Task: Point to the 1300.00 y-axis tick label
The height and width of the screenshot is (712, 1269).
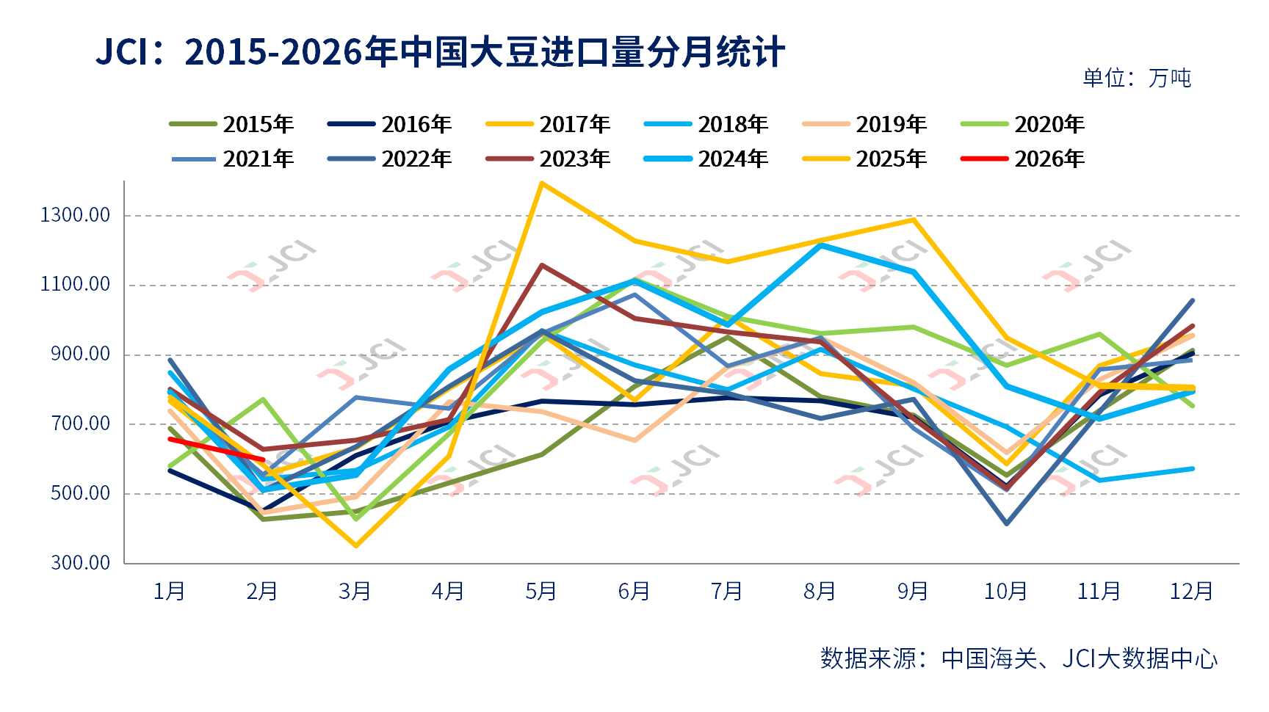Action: click(76, 215)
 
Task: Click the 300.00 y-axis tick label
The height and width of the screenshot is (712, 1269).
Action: click(81, 562)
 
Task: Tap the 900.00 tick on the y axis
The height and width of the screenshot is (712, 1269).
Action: click(81, 354)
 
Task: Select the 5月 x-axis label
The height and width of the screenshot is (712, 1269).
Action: click(541, 591)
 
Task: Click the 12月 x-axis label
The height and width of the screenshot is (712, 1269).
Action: click(1191, 591)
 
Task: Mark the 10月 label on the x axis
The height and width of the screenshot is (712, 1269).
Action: click(1005, 591)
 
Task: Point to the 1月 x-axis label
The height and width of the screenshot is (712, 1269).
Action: click(170, 591)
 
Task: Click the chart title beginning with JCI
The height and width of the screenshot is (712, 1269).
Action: click(441, 53)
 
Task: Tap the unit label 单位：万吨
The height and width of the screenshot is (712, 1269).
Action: click(1137, 78)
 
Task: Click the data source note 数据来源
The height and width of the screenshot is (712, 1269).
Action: click(1019, 658)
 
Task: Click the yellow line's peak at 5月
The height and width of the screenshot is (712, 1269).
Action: click(542, 183)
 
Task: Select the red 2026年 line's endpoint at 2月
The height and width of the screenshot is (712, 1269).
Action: click(263, 459)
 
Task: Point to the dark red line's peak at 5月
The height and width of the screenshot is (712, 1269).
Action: click(542, 265)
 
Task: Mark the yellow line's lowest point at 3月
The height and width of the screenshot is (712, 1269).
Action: click(356, 545)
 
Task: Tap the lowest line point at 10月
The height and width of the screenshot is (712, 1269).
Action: click(1006, 523)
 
